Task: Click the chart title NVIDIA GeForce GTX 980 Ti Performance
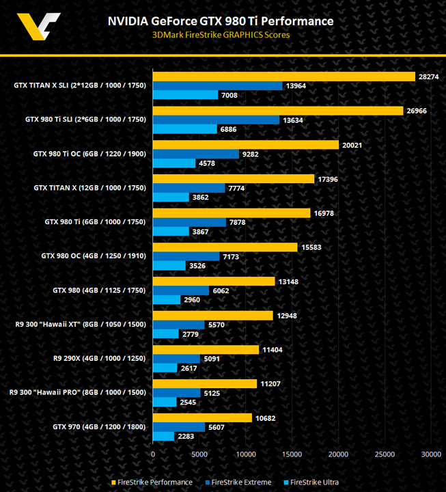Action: [x=221, y=21]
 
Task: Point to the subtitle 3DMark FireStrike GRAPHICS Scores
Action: [x=221, y=35]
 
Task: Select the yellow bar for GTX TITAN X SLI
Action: [x=283, y=77]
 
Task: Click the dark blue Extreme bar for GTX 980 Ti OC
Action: [x=195, y=154]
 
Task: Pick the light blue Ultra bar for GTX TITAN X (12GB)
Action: [x=171, y=197]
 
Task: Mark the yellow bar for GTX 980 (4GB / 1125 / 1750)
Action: [x=214, y=281]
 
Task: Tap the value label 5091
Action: [x=213, y=359]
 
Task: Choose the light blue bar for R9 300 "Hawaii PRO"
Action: [x=165, y=402]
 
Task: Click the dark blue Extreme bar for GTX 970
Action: [x=179, y=427]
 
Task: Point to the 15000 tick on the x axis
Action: [x=292, y=453]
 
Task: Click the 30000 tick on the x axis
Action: [x=430, y=453]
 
